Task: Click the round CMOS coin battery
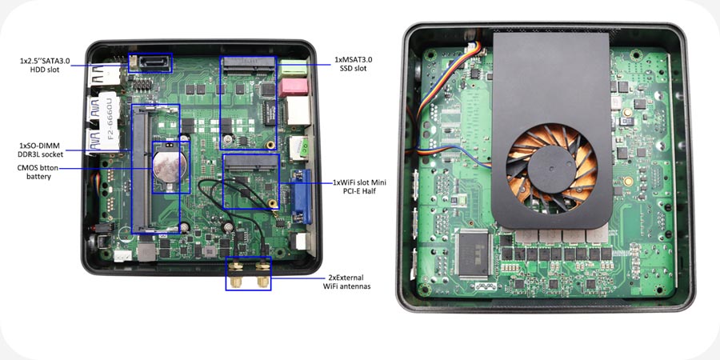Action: pos(170,166)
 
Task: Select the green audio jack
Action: pos(294,68)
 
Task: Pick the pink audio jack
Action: pos(292,87)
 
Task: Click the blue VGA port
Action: pos(302,197)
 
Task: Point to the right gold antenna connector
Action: pos(262,274)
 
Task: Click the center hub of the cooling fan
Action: pos(551,167)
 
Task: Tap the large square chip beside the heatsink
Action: pos(474,254)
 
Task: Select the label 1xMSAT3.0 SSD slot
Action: pos(353,64)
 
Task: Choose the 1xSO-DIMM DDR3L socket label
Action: pos(39,150)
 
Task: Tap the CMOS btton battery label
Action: pos(38,172)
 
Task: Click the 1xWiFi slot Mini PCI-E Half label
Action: pos(358,186)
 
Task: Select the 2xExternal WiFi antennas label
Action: pos(346,282)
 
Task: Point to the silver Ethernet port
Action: pos(298,111)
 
